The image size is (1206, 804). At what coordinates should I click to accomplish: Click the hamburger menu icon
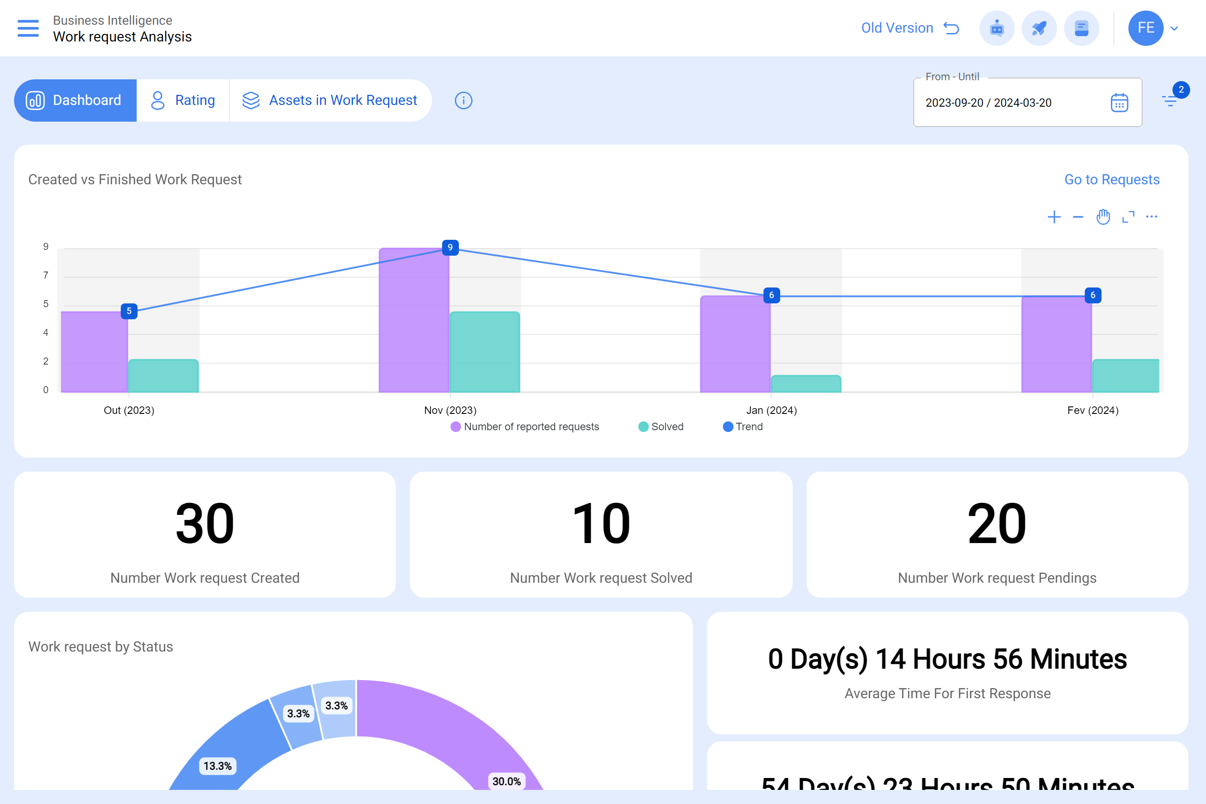[28, 28]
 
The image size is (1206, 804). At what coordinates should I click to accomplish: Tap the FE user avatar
[1145, 28]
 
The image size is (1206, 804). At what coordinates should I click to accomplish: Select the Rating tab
[183, 100]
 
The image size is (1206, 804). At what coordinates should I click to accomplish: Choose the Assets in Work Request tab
[330, 100]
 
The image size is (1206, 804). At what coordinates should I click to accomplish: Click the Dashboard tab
[75, 100]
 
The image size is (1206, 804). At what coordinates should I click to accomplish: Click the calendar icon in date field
[1119, 103]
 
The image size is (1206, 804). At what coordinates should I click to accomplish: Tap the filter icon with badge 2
[1169, 100]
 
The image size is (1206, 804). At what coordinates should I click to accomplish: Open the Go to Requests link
[1112, 179]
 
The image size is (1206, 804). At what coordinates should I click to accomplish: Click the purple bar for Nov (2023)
[414, 320]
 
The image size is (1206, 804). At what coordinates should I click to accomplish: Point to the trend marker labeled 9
[450, 248]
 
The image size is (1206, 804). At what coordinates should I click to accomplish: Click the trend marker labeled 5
[129, 311]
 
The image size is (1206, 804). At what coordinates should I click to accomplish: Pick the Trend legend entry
[743, 427]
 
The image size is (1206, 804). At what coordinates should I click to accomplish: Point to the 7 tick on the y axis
[46, 275]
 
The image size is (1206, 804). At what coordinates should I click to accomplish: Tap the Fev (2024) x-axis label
[1093, 410]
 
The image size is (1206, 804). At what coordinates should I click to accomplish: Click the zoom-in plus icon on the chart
[1054, 217]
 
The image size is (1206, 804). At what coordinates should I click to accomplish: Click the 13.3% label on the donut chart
[217, 766]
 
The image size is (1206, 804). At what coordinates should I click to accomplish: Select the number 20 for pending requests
[997, 524]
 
